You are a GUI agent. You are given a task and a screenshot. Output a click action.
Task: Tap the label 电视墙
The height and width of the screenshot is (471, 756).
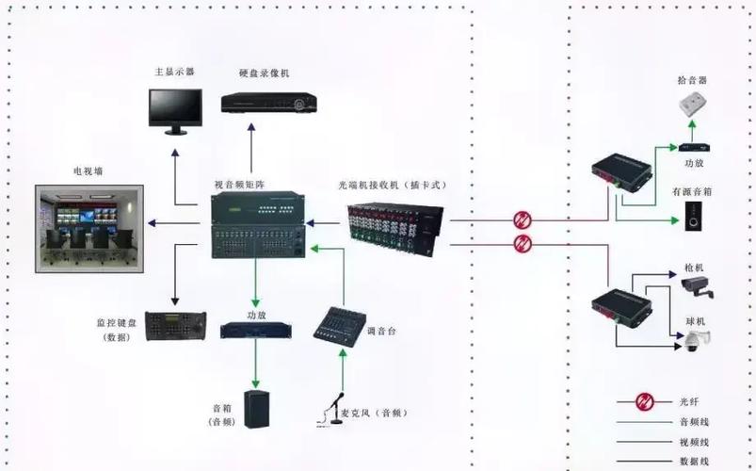[x=89, y=172]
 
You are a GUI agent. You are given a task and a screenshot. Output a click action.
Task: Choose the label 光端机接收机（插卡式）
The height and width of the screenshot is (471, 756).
[x=393, y=186]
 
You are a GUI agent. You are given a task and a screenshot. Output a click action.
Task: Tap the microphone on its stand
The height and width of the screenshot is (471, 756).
[x=333, y=411]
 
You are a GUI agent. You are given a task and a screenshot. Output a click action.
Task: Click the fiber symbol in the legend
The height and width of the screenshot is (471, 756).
[x=645, y=401]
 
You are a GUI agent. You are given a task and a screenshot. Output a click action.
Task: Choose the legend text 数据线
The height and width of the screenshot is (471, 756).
[x=694, y=462]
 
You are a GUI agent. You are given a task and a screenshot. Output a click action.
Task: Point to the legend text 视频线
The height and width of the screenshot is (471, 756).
[x=694, y=442]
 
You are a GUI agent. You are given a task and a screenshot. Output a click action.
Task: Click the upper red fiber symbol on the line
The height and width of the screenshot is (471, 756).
[x=523, y=220]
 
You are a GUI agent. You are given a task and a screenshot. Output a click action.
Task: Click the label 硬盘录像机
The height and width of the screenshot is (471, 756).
[x=265, y=73]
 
